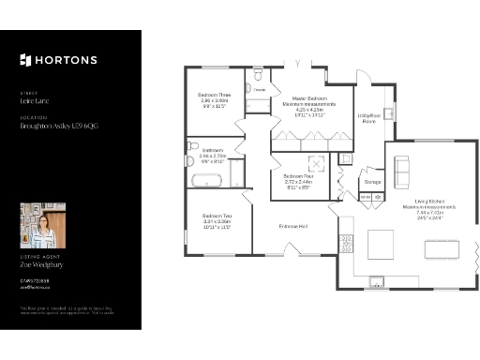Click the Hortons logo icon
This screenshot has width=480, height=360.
point(25,61)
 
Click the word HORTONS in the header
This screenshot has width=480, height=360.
point(66,61)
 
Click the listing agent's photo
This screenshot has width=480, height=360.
point(43,226)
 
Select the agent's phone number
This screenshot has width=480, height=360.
point(34,280)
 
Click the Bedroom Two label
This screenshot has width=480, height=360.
point(216,218)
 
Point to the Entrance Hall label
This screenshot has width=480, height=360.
point(294,226)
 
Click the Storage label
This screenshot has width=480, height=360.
point(372,181)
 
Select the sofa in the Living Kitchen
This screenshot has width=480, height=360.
point(402,170)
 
